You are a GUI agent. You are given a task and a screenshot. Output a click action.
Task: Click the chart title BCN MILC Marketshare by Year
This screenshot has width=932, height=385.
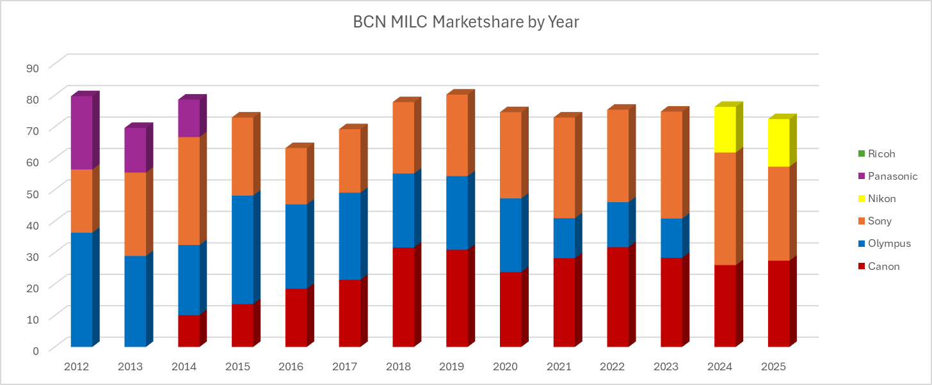[x=465, y=22]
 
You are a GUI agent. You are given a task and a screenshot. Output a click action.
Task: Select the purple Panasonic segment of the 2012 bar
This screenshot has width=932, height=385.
[x=81, y=132]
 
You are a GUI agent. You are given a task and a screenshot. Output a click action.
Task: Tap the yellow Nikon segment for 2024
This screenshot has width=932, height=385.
[x=725, y=129]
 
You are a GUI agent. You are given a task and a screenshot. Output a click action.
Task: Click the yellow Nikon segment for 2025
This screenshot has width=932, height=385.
[x=778, y=143]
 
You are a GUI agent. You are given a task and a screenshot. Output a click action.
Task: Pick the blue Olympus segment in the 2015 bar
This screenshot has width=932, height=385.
[x=242, y=249]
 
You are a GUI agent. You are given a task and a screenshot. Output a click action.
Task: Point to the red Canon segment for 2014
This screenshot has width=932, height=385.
[x=189, y=331]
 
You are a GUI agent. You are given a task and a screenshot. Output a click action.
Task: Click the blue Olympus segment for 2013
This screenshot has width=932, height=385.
[x=135, y=301]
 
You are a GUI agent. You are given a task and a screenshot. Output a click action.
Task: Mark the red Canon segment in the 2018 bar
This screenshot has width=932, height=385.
[x=403, y=297]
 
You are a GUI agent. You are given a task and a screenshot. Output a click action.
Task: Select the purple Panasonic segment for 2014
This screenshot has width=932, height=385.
[x=189, y=118]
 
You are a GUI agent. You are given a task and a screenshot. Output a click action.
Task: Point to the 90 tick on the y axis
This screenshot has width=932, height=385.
[x=32, y=67]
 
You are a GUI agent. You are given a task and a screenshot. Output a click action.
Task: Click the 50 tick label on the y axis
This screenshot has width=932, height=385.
[x=32, y=192]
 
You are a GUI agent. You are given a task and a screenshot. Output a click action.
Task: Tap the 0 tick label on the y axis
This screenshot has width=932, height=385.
[x=35, y=349]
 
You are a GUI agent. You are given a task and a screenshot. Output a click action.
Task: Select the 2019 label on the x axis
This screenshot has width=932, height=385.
[x=452, y=367]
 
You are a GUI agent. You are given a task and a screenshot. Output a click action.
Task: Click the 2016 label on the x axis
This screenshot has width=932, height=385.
[x=291, y=367]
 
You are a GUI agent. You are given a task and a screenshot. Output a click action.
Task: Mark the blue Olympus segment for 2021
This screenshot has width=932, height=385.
[x=564, y=238]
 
